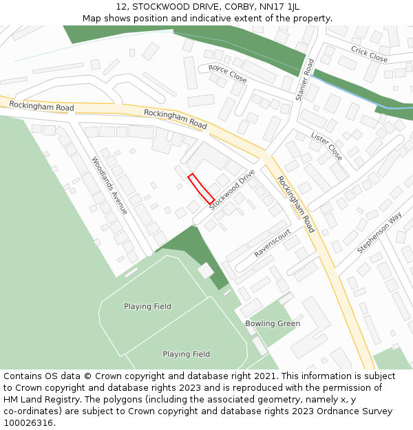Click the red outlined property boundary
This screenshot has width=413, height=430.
coord(201,188)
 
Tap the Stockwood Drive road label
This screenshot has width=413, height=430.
coord(232,189)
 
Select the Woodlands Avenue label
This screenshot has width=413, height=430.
coord(109,185)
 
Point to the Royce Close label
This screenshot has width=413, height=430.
coord(227,74)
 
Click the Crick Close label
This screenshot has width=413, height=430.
coord(369,54)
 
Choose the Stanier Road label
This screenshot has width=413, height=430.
coord(304,80)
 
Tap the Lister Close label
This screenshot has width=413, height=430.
coord(326,146)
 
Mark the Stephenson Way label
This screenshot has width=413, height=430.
coord(379,233)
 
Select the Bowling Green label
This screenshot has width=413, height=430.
coord(273,323)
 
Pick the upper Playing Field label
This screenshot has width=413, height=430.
coord(147,306)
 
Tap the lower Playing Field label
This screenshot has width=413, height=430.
coord(186,354)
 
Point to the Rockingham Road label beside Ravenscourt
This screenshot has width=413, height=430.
coord(296,204)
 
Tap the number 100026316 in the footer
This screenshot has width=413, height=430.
coord(28,423)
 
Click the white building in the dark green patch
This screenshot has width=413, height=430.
coord(206,271)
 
